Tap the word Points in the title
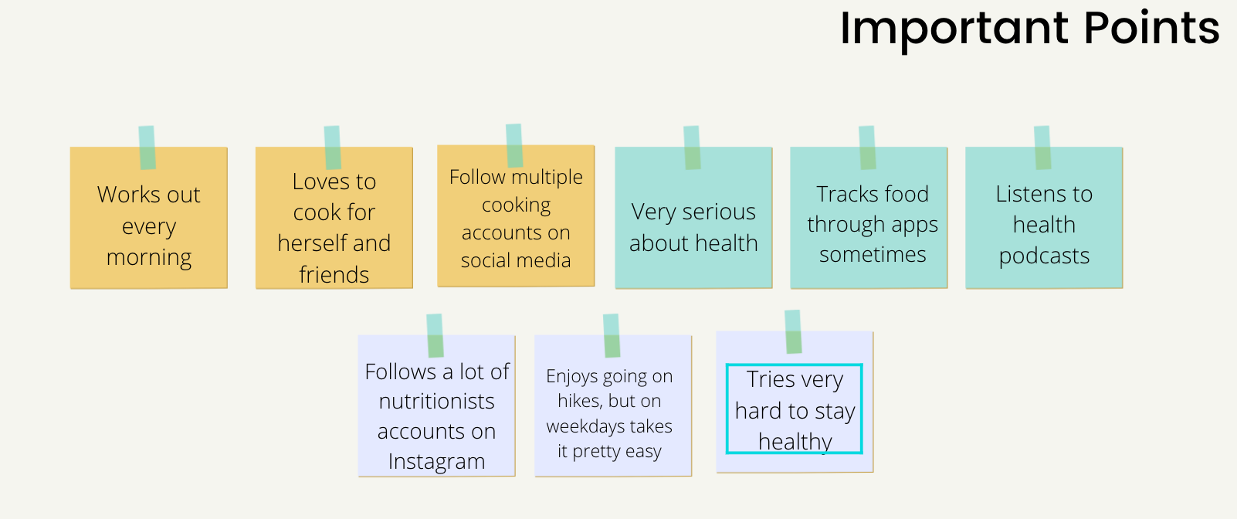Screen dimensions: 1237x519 (x=1151, y=28)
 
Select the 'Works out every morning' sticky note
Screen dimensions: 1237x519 (x=148, y=218)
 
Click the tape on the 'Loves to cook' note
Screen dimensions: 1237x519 (x=332, y=148)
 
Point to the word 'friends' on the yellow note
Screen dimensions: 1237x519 (x=334, y=274)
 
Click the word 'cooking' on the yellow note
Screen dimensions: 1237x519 (x=516, y=205)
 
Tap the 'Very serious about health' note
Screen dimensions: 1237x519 (x=693, y=218)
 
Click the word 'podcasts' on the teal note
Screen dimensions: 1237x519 (x=1044, y=256)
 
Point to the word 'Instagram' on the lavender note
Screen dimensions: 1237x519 (x=436, y=462)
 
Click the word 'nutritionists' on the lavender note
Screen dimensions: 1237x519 (x=436, y=402)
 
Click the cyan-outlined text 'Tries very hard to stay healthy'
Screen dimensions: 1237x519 (x=795, y=409)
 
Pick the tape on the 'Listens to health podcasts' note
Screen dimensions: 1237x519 (x=1042, y=148)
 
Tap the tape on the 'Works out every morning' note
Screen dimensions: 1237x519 (x=147, y=148)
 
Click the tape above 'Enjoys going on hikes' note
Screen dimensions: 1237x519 (x=612, y=336)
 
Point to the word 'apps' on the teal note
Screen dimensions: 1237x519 (x=914, y=226)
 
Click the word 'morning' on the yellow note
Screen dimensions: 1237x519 (x=148, y=258)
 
